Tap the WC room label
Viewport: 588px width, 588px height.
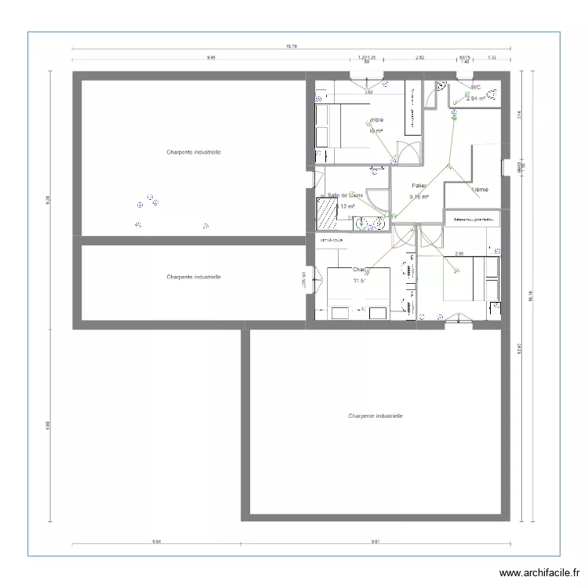pyautogui.click(x=475, y=87)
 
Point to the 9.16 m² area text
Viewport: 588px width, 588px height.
pyautogui.click(x=419, y=197)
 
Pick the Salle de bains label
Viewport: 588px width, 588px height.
pyautogui.click(x=345, y=195)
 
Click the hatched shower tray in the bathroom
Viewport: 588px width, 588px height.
pyautogui.click(x=326, y=210)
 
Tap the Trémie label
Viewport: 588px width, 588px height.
pyautogui.click(x=480, y=190)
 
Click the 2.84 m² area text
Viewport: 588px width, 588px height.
pyautogui.click(x=476, y=99)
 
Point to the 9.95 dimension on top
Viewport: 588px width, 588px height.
pyautogui.click(x=211, y=57)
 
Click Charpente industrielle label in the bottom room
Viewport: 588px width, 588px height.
pyautogui.click(x=376, y=417)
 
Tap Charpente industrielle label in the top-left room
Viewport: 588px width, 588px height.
pyautogui.click(x=193, y=152)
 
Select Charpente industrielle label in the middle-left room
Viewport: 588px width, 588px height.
pyautogui.click(x=193, y=277)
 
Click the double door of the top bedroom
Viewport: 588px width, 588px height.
pyautogui.click(x=408, y=152)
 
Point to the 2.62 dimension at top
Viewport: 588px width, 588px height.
pyautogui.click(x=419, y=57)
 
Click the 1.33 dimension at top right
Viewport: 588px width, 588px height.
pyautogui.click(x=492, y=57)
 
